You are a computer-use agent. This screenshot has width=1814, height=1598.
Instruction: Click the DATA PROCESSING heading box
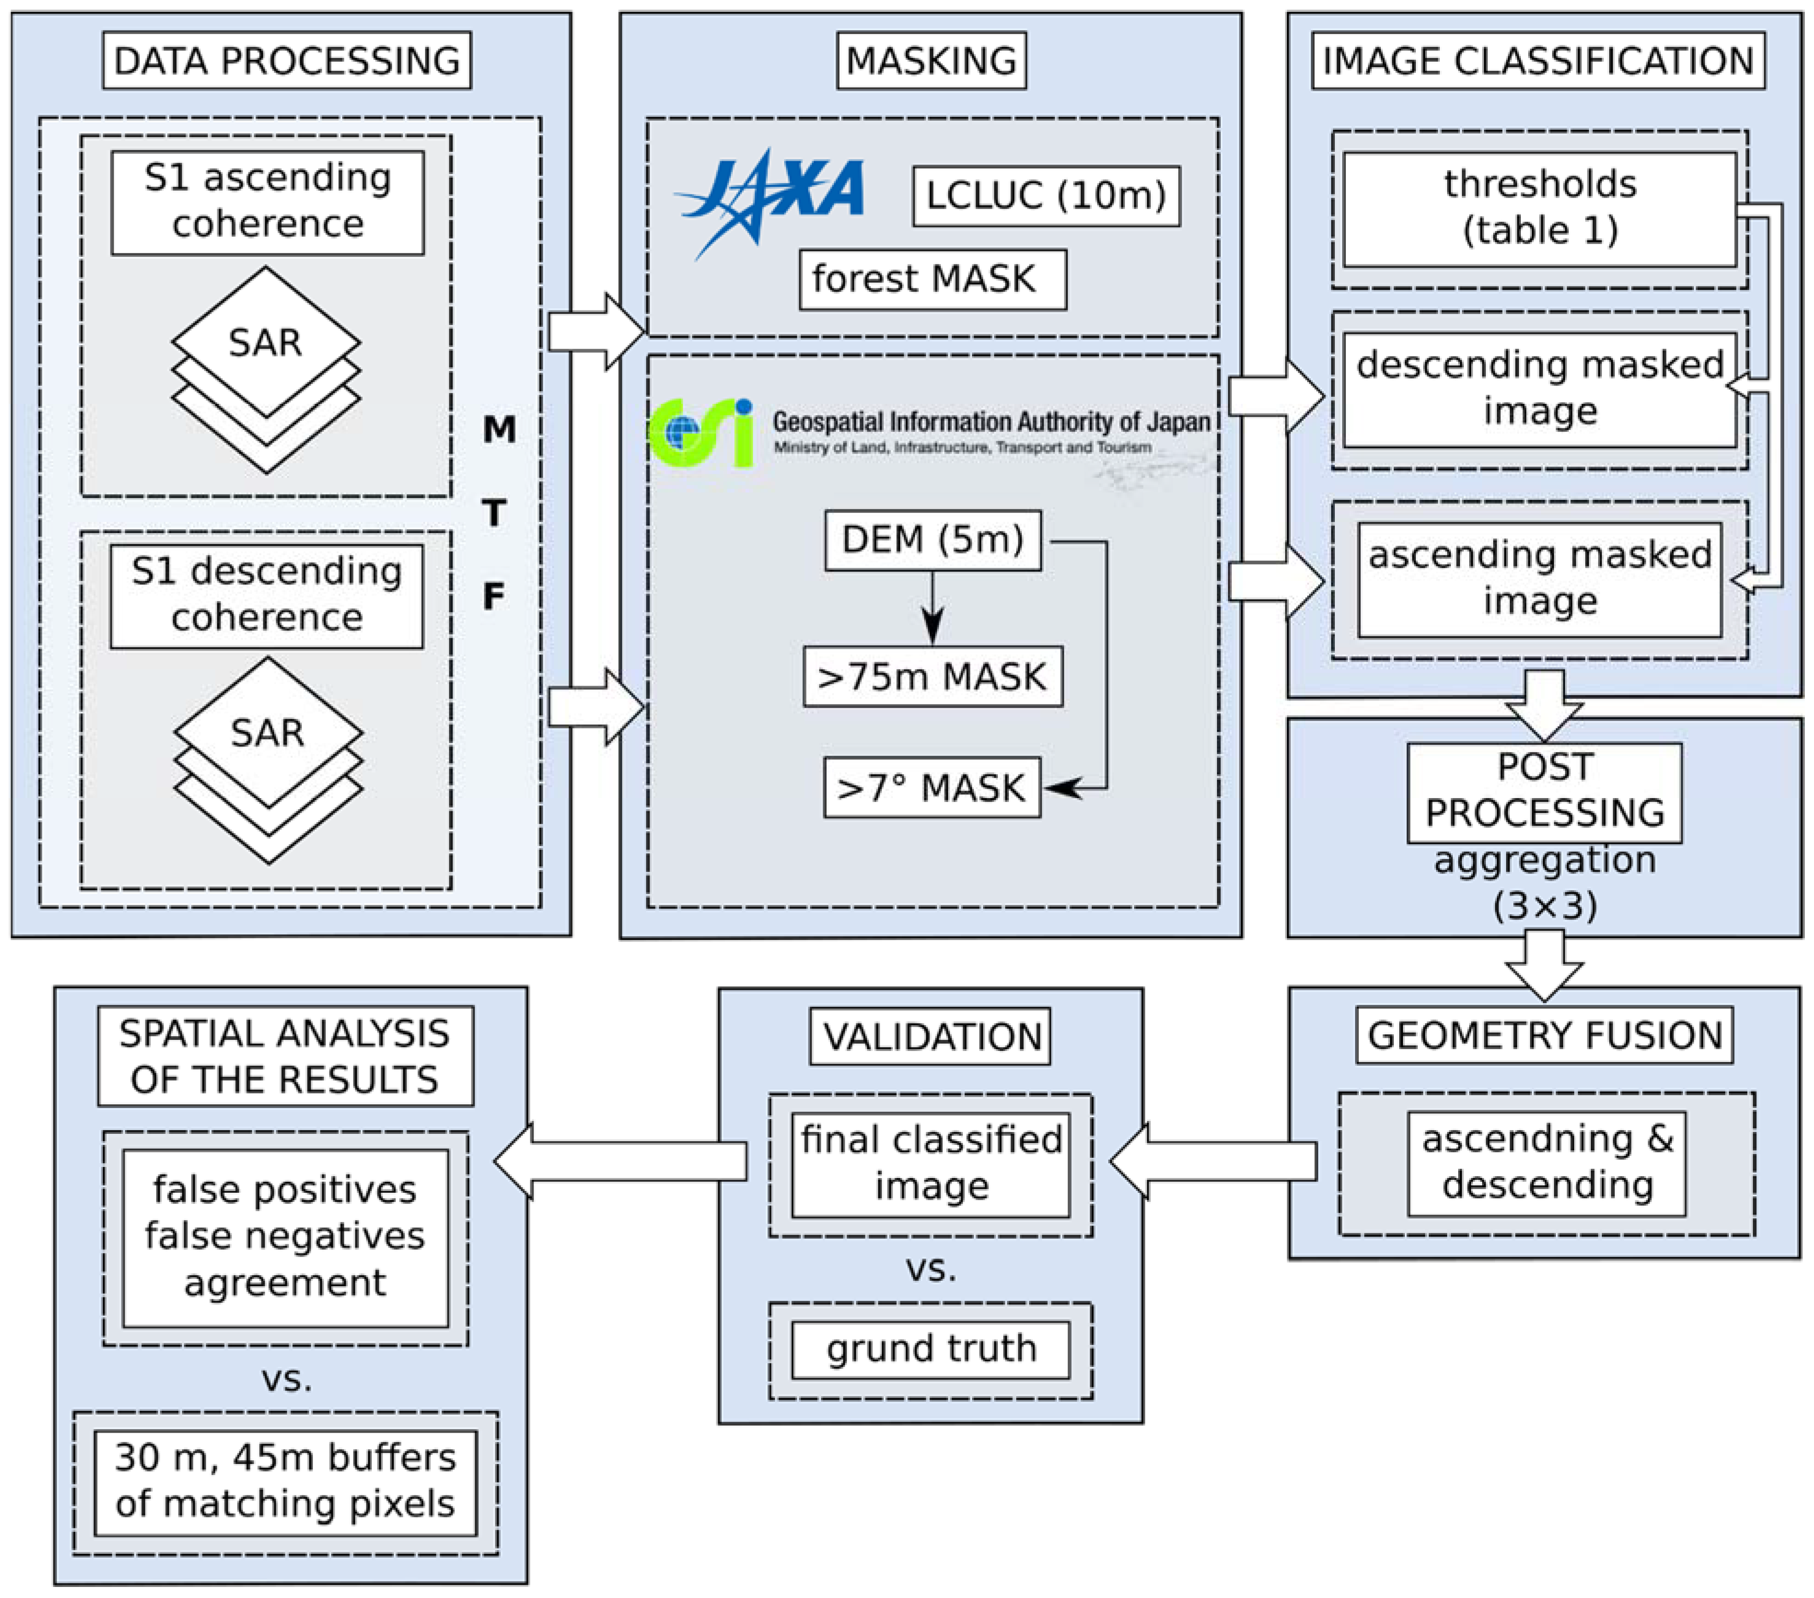(x=287, y=60)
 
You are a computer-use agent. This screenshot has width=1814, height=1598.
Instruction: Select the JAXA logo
(x=771, y=200)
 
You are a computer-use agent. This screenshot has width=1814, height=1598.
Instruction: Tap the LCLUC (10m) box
(x=1045, y=195)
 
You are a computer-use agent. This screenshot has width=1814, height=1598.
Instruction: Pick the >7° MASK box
(x=931, y=787)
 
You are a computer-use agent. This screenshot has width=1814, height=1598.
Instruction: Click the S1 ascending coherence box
(x=267, y=203)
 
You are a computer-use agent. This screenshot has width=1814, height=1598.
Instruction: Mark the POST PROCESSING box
(x=1544, y=792)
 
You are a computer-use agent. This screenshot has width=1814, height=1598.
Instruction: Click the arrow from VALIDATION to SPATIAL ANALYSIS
(x=621, y=1161)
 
